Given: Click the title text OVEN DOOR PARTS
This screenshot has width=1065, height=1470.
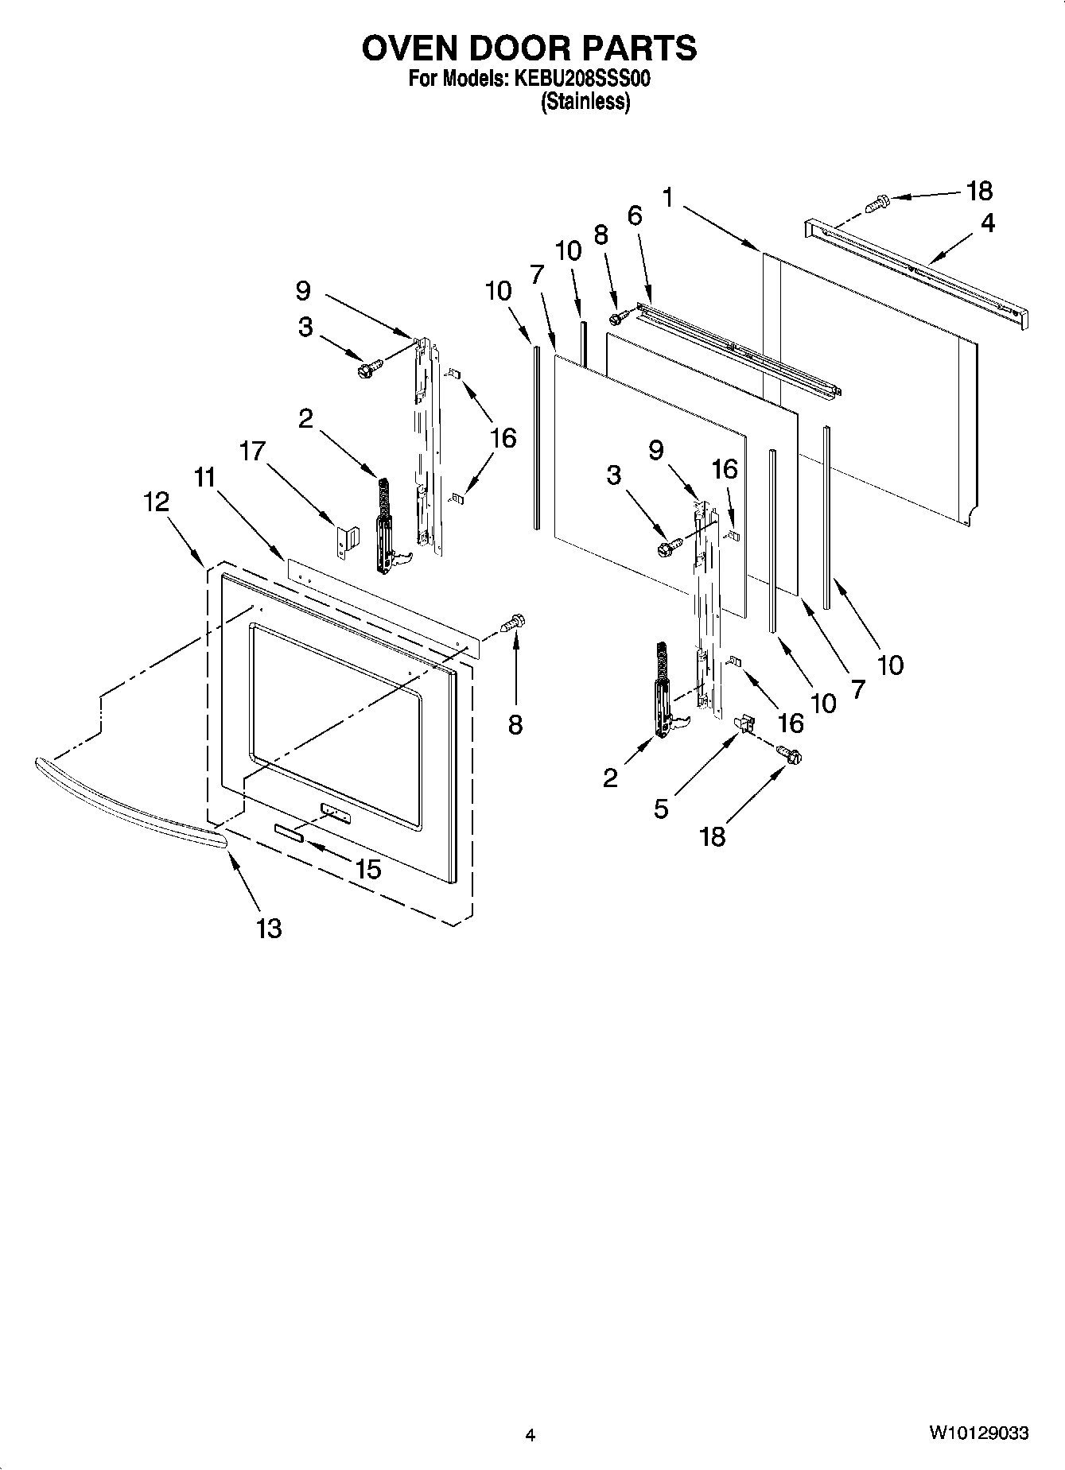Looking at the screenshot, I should pos(529,49).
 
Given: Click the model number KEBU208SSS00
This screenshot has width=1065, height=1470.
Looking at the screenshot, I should pos(585,80).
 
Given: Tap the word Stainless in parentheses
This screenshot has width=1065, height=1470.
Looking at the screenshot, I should pos(586,102).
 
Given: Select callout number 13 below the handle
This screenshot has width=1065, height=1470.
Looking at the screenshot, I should pos(269,928).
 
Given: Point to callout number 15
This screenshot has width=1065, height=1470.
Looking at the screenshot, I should pos(368,869).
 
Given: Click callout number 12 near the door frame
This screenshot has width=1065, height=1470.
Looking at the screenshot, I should pos(156,502).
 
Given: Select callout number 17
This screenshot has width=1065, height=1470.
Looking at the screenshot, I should pos(252,452).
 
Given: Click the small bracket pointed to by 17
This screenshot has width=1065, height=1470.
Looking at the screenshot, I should pos(348,541).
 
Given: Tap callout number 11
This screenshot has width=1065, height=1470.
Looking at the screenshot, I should pos(205,478).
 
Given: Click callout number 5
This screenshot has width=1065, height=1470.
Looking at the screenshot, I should pos(661,809).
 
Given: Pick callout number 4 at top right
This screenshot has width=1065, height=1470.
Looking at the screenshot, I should pos(987,223).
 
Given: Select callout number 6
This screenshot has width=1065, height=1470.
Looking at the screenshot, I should pos(634,215).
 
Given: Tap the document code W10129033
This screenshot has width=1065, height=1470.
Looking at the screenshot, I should pos(978,1433).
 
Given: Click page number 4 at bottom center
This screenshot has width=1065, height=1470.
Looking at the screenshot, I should pos(531,1435).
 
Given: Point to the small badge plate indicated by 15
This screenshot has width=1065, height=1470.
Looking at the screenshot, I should pos(289,832).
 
